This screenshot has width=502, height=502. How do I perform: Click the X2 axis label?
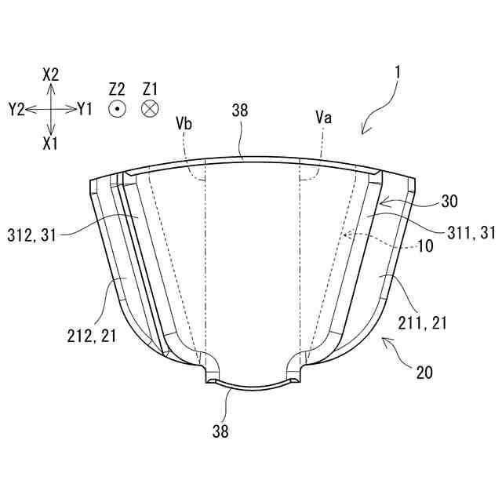pyautogui.click(x=51, y=75)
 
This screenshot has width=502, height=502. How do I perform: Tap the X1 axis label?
pyautogui.click(x=51, y=144)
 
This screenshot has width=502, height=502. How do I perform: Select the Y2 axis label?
pyautogui.click(x=16, y=110)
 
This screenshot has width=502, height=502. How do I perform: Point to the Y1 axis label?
pyautogui.click(x=85, y=110)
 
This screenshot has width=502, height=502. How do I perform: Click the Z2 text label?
pyautogui.click(x=118, y=89)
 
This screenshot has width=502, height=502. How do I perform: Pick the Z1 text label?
pyautogui.click(x=151, y=89)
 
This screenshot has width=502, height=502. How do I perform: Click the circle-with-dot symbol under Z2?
pyautogui.click(x=118, y=110)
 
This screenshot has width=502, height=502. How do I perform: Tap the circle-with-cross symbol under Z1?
pyautogui.click(x=150, y=110)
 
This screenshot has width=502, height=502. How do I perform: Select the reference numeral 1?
pyautogui.click(x=398, y=73)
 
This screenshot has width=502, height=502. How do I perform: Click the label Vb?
pyautogui.click(x=184, y=123)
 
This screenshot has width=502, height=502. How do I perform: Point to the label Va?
pyautogui.click(x=322, y=117)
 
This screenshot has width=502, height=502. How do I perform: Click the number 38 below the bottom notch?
pyautogui.click(x=223, y=430)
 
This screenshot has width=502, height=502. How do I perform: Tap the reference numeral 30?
pyautogui.click(x=449, y=201)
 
